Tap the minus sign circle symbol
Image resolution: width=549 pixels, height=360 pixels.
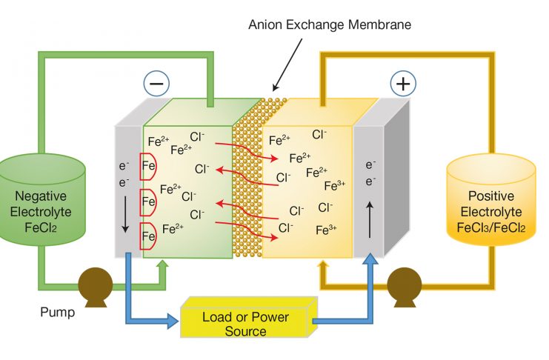point(158,84)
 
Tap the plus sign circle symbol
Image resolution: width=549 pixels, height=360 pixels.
point(402,84)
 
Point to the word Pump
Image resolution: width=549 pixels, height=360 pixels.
point(57,312)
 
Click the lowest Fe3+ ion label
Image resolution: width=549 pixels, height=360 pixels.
point(327,230)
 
